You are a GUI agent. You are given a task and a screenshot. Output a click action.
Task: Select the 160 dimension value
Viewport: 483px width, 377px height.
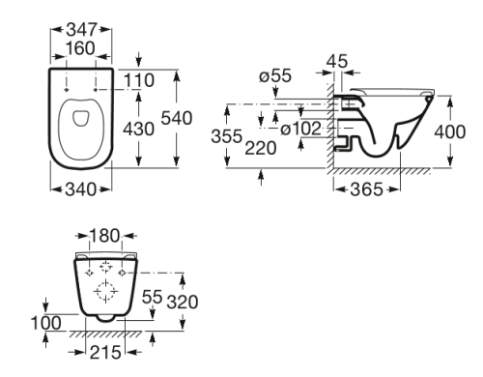click(81, 48)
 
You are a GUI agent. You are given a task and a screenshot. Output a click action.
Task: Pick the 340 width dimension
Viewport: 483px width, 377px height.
click(81, 191)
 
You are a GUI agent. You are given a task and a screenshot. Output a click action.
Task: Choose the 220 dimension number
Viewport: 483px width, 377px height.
click(262, 150)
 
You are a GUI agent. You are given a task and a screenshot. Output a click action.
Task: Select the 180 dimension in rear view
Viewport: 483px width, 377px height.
click(104, 234)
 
